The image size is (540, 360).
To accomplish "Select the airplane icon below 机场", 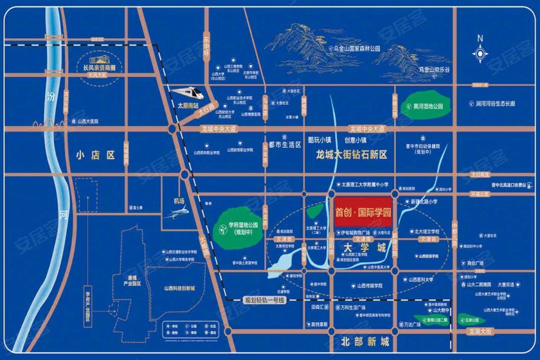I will pyautogui.click(x=173, y=215).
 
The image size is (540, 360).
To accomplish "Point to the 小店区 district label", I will pyautogui.click(x=94, y=155).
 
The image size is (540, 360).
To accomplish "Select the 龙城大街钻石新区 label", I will pyautogui.click(x=351, y=155).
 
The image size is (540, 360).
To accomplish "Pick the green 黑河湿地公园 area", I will pyautogui.click(x=424, y=107).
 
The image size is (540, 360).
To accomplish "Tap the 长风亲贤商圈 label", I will pyautogui.click(x=94, y=67).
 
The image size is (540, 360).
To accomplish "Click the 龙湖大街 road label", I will pyautogui.click(x=480, y=331).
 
